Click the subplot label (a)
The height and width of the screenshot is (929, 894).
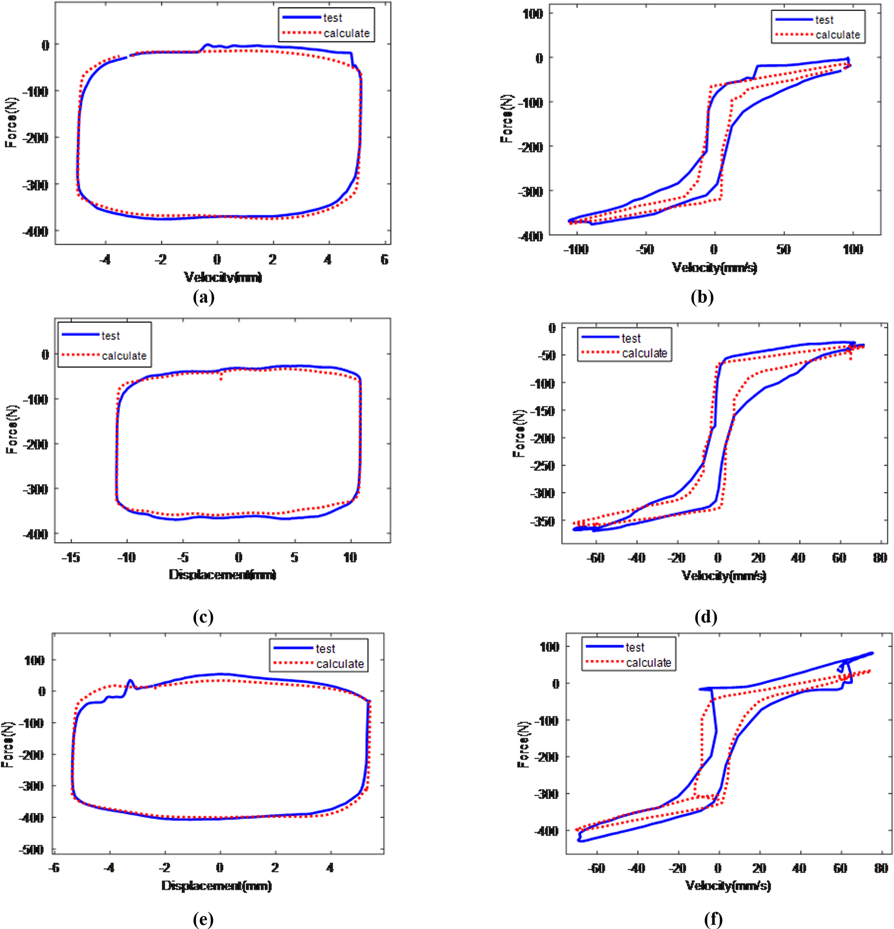coord(204,297)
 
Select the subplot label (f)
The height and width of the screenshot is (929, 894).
coord(713,920)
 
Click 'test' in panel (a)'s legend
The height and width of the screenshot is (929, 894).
coord(333,18)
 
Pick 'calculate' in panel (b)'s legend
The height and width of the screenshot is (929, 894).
coord(838,35)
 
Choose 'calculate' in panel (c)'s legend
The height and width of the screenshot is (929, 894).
coord(124,356)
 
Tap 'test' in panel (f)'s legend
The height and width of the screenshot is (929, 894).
coord(635,647)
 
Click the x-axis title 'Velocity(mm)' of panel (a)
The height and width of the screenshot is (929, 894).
coord(223,277)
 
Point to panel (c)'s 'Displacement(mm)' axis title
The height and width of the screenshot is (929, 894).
coord(223,575)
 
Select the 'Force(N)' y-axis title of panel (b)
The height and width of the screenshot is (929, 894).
coord(506,119)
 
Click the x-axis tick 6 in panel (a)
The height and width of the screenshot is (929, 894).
coord(384,259)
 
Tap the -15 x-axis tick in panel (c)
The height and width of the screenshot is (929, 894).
coord(70,557)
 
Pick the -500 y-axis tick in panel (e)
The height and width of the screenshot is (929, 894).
coord(31,849)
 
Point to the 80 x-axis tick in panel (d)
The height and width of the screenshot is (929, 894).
coord(880,558)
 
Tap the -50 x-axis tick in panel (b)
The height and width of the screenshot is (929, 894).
coord(645,249)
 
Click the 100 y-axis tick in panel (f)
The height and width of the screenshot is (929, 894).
coord(549,646)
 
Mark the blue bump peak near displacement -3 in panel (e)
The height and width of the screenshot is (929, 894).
coord(130,680)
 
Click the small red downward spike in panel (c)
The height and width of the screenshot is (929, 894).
coord(221,378)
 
